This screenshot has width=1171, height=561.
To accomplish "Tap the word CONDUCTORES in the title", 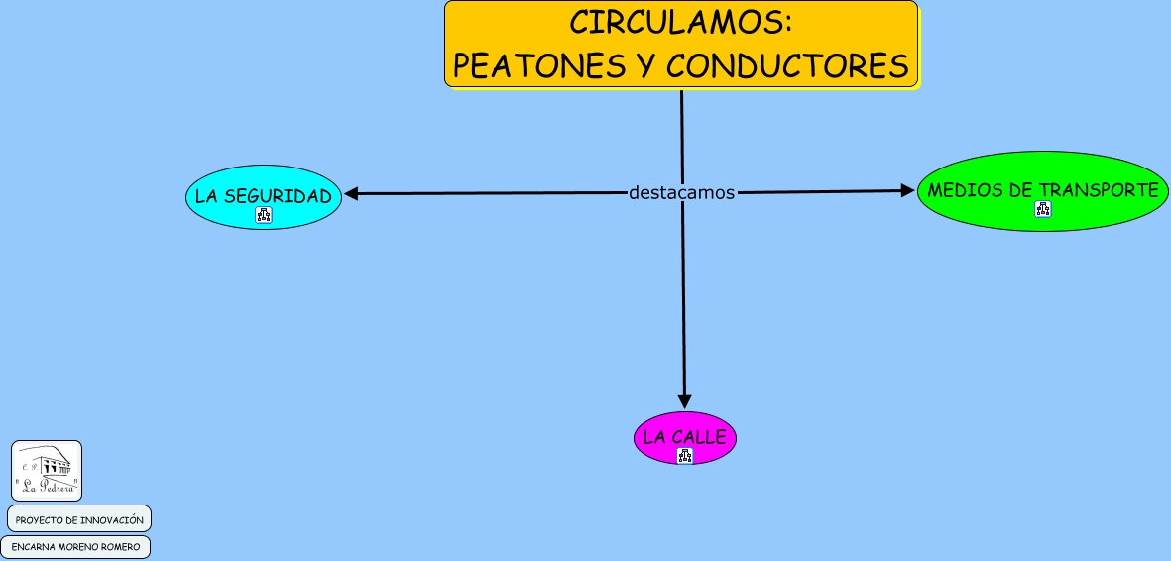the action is pyautogui.click(x=787, y=65).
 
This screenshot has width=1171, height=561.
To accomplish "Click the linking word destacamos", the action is pyautogui.click(x=681, y=192).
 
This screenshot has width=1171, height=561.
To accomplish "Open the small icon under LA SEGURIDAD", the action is pyautogui.click(x=264, y=214).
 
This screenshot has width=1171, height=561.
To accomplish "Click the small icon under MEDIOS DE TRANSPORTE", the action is pyautogui.click(x=1043, y=209).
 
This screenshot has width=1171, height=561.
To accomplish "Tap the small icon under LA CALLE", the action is pyautogui.click(x=685, y=455).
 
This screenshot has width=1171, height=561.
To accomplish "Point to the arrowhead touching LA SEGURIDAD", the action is pyautogui.click(x=351, y=194).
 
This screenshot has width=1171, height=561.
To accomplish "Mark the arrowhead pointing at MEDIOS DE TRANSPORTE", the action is pyautogui.click(x=906, y=190).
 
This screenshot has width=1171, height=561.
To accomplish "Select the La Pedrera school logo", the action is pyautogui.click(x=47, y=471).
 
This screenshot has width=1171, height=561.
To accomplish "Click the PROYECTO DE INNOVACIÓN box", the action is pyautogui.click(x=79, y=519).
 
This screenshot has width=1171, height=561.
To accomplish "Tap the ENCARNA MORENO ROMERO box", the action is pyautogui.click(x=75, y=546).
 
